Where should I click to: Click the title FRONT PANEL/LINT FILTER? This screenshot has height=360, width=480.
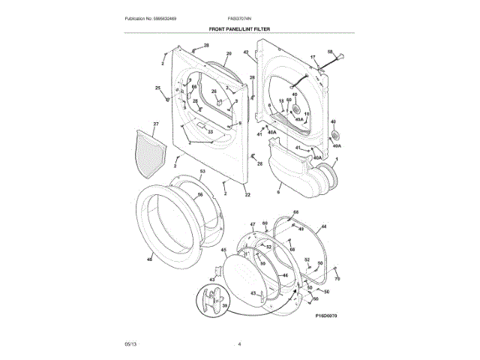coord(240,28)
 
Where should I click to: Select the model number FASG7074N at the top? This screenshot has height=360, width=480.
coord(240,17)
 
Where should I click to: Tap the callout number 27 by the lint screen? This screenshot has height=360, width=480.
coord(156,123)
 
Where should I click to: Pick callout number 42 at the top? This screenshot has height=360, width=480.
coord(246,52)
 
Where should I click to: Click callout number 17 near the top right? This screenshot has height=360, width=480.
coord(313,58)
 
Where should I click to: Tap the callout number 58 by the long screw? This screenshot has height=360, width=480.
coord(330,51)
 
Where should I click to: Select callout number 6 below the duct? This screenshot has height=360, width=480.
coord(277,193)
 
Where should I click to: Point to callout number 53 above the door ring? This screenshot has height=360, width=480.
coord(202,172)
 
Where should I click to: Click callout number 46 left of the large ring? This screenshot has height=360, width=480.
coord(149,259)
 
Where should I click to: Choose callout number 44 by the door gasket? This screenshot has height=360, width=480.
coord(323,226)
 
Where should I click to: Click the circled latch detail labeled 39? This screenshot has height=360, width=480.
coord(212,304)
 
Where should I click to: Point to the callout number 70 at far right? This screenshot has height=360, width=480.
coord(337,279)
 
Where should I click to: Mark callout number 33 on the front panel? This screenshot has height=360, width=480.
coord(211,132)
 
